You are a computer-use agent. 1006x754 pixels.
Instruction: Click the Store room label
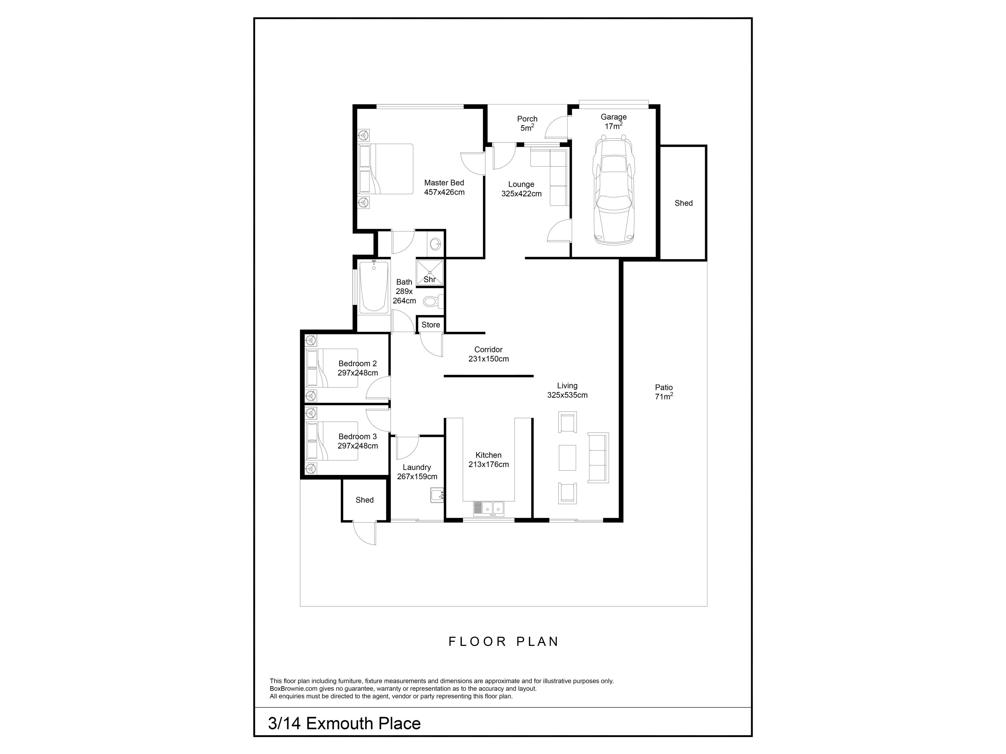pos(431,324)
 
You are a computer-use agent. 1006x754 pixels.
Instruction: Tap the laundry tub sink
pos(437,495)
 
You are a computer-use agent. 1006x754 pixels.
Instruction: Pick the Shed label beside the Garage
pos(684,203)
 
